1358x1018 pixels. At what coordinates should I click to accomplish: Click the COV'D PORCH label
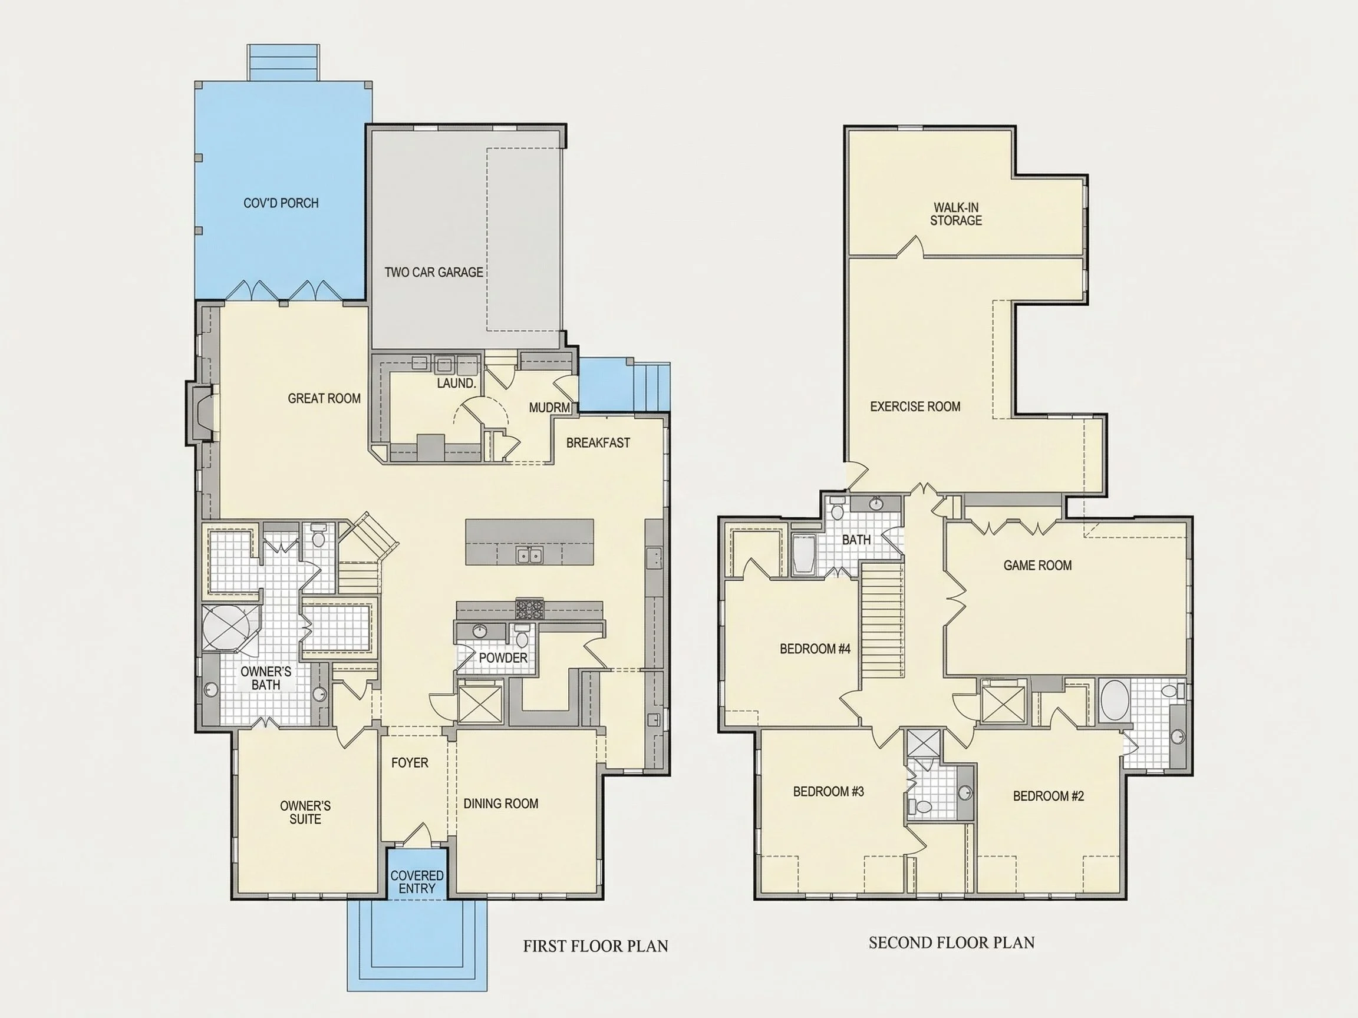[281, 203]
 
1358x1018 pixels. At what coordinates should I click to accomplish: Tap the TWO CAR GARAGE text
[434, 272]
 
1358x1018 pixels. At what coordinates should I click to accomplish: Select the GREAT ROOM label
[324, 398]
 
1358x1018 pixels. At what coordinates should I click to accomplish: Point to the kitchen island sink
[529, 556]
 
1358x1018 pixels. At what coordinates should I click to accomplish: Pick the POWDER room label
[503, 658]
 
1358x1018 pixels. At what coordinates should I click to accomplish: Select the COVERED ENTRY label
[417, 882]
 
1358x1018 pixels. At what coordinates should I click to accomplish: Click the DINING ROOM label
[501, 803]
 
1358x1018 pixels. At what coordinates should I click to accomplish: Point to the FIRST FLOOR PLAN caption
[595, 946]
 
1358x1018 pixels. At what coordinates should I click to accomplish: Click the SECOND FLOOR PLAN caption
[951, 942]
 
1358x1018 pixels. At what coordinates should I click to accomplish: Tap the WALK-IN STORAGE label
[956, 214]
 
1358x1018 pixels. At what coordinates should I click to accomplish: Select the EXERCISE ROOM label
[915, 406]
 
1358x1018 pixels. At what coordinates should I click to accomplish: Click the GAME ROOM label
[1037, 565]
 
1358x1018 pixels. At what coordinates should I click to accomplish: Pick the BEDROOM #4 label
[815, 649]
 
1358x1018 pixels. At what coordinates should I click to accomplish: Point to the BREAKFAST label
[598, 442]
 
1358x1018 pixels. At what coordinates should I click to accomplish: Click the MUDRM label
[549, 408]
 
